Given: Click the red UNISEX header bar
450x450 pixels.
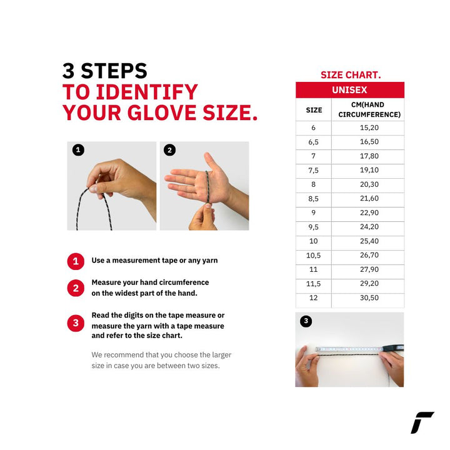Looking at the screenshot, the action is (350, 90).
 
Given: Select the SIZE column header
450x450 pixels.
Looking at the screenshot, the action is (314, 110).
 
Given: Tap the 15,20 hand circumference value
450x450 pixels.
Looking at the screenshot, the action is (369, 127).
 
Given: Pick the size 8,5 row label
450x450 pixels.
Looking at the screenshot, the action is (313, 199).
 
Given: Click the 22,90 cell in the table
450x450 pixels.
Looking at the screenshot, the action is (369, 212).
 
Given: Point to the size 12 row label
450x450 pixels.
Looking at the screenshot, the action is (313, 298).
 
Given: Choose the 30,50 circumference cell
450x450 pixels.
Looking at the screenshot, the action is (369, 298).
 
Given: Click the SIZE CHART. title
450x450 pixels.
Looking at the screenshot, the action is (351, 75).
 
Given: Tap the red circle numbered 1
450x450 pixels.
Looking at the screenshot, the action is (76, 261).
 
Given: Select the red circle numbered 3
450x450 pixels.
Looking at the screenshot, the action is (76, 323).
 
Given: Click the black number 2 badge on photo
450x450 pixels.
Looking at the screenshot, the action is (169, 150).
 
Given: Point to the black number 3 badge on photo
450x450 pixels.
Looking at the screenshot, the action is (306, 321).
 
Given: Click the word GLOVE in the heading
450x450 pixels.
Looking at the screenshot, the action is (162, 112).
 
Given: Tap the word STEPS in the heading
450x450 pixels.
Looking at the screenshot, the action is (114, 71).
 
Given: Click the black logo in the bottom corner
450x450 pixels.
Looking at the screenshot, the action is (422, 422).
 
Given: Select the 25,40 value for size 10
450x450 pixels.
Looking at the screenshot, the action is (369, 241).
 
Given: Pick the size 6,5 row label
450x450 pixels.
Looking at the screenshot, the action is (313, 142).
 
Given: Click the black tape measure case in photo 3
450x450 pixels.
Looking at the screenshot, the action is (393, 348).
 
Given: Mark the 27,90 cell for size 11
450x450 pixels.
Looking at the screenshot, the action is (369, 269).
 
